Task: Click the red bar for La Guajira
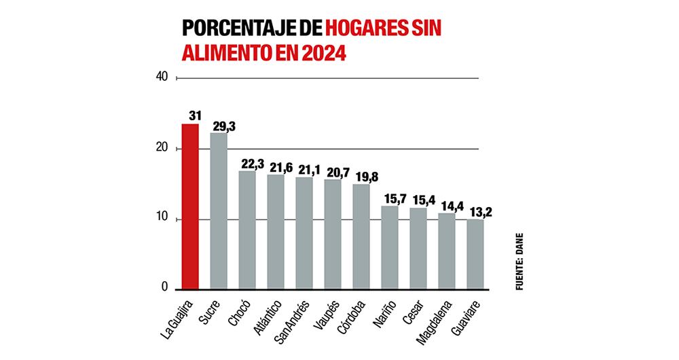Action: (190, 206)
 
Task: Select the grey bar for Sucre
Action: (219, 211)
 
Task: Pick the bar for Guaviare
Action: (475, 254)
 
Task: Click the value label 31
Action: (194, 116)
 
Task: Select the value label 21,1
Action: (308, 169)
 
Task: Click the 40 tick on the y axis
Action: (162, 77)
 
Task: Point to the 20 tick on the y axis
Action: (162, 148)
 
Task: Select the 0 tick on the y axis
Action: (164, 288)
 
